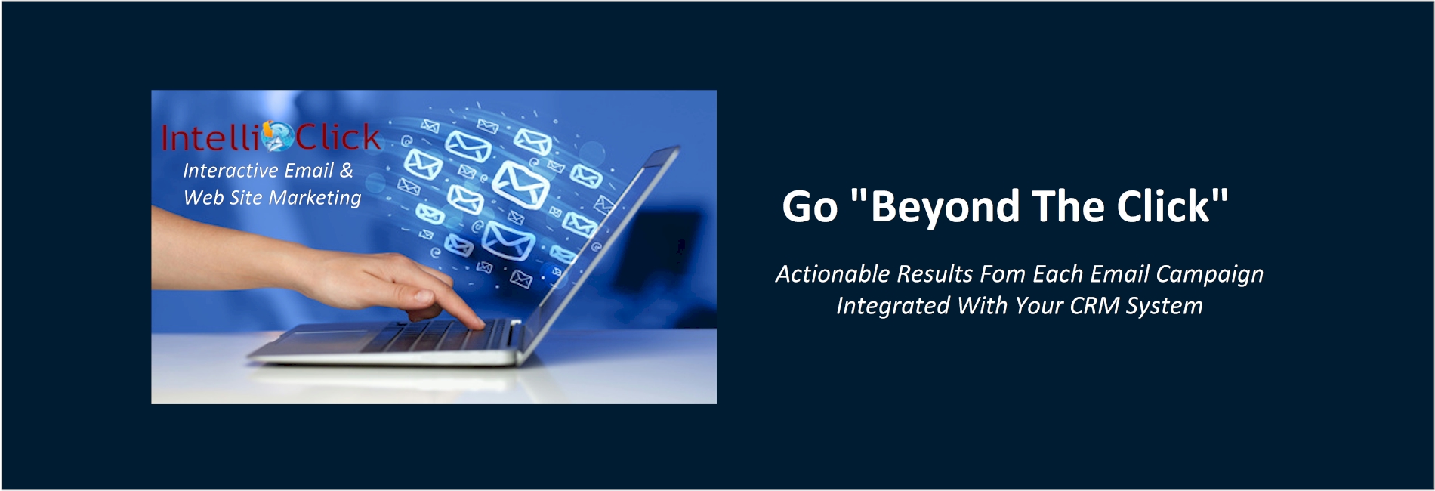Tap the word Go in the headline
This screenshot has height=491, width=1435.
point(810,207)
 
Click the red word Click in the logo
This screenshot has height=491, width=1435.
point(338,137)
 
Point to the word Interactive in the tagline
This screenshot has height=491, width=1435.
point(231,171)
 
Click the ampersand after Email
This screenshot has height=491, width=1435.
point(346,171)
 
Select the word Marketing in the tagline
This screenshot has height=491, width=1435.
point(315,199)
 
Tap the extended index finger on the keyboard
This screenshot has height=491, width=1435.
point(457,308)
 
